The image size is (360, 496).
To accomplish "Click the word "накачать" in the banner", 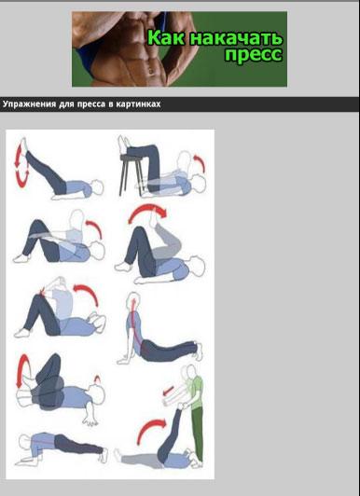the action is [236, 38].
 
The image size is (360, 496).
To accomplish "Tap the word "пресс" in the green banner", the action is [254, 54].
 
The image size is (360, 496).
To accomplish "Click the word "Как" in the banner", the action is [166, 37].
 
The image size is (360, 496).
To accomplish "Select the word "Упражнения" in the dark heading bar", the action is [29, 104].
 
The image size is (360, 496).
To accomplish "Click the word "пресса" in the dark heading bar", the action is [90, 104].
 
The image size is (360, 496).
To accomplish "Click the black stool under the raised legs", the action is [131, 173].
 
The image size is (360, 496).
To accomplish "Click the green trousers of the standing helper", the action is [198, 433].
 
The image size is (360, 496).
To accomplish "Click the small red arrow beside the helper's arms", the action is [168, 391].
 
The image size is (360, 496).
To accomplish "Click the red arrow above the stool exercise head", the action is [201, 162].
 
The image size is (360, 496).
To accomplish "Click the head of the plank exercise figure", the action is [24, 442].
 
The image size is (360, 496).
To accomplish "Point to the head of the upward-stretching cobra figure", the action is [133, 299].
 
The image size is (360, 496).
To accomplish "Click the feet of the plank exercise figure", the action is [104, 456].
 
